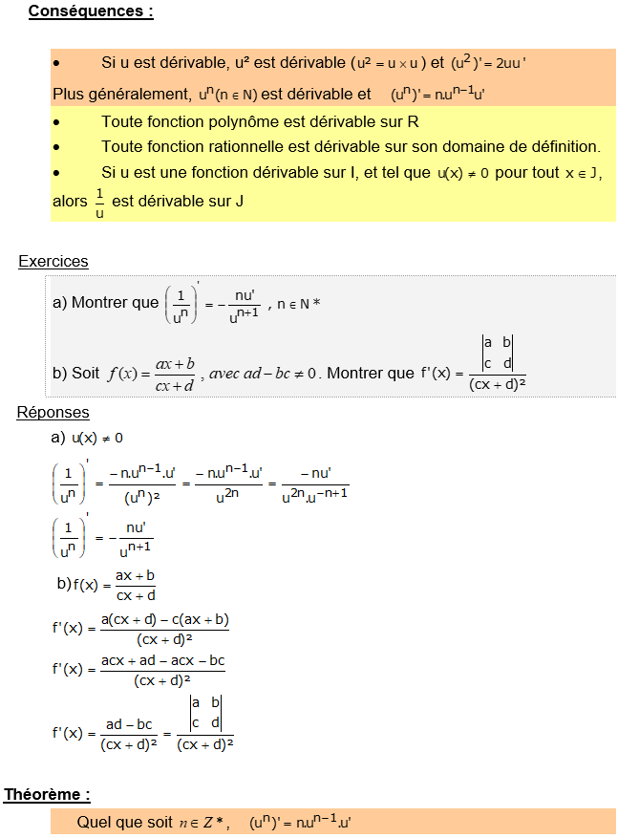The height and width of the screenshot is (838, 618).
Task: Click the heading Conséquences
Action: [x=90, y=12]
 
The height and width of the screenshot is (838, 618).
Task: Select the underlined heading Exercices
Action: [x=53, y=261]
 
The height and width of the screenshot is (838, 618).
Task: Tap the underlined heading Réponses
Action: [x=53, y=412]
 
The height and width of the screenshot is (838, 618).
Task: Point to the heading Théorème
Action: [x=47, y=794]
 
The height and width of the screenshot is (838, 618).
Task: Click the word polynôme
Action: [x=251, y=122]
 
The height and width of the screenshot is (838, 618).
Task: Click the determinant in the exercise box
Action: [x=497, y=354]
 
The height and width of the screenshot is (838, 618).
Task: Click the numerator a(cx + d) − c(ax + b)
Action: [x=164, y=619]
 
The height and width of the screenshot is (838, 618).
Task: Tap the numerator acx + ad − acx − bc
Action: [x=162, y=660]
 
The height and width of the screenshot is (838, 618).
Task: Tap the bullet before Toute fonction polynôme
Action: [x=57, y=123]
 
